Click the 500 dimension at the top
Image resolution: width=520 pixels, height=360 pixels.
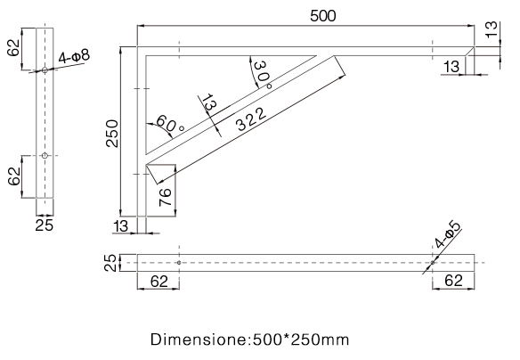tap(322, 16)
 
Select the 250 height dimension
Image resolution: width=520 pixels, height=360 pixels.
tap(112, 133)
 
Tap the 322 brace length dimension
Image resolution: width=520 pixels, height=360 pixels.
tap(251, 119)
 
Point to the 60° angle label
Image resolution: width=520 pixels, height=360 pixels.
tap(169, 124)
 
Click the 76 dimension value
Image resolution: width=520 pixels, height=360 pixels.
tap(165, 197)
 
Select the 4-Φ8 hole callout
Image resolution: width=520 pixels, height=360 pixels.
tap(74, 56)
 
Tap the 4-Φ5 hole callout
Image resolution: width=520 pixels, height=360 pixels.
tap(447, 234)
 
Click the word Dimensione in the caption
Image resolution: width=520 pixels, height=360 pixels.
tap(199, 340)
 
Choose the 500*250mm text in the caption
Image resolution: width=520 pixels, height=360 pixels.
tap(301, 340)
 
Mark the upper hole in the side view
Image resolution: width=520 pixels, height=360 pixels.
tap(45, 70)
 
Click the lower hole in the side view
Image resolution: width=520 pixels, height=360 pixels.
tap(45, 155)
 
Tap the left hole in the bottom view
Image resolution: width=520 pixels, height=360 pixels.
tap(179, 263)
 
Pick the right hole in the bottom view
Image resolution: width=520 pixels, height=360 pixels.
tap(433, 263)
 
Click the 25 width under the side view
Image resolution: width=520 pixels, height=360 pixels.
tap(45, 225)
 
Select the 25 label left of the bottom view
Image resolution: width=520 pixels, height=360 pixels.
tap(110, 263)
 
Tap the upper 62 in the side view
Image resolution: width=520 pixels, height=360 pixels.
tap(14, 48)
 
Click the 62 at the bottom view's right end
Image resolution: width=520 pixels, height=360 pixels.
tap(453, 281)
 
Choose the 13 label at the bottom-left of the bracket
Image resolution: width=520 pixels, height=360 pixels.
tap(121, 226)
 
